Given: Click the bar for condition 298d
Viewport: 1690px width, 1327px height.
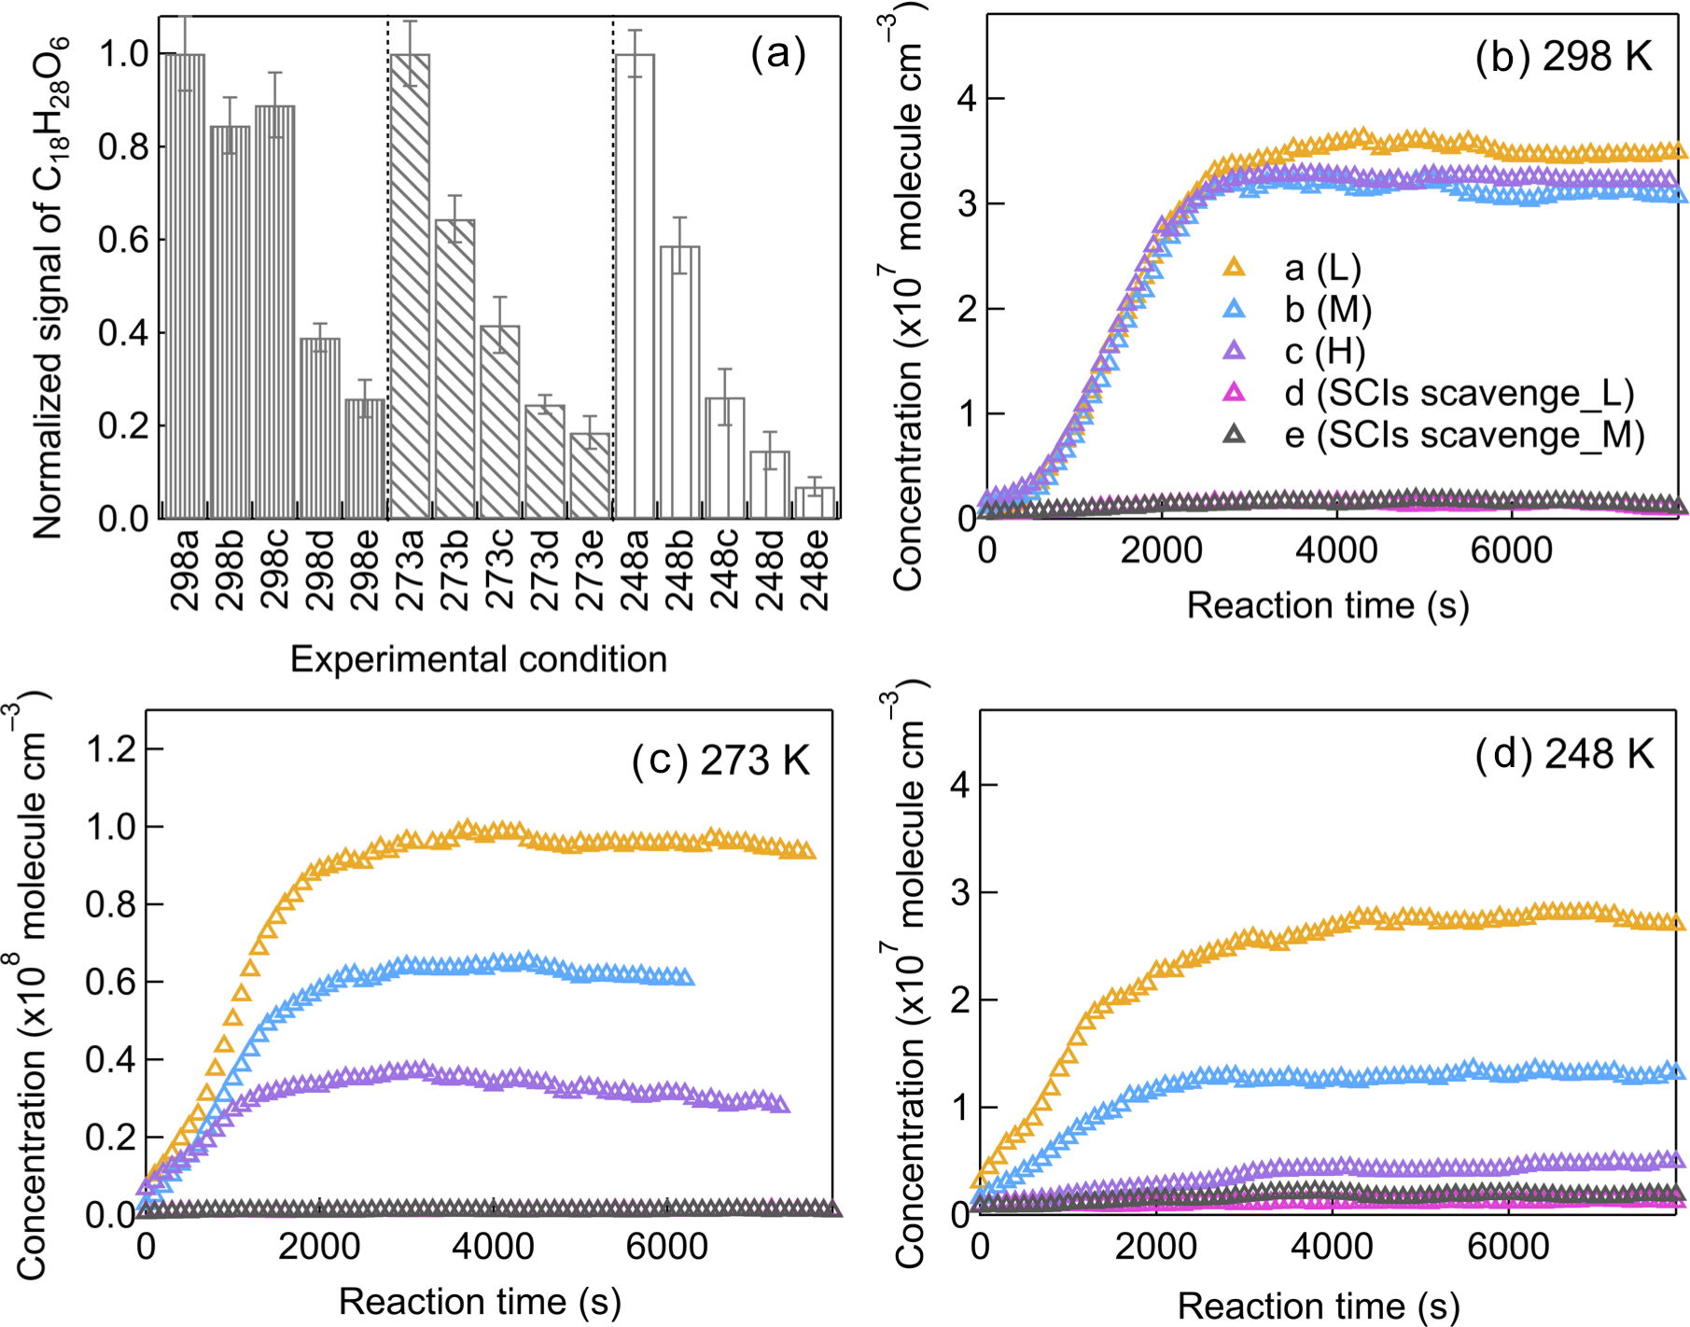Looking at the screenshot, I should [319, 428].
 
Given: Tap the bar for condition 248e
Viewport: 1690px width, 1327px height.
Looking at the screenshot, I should [815, 503].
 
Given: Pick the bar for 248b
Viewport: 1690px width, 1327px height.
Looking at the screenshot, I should [679, 382].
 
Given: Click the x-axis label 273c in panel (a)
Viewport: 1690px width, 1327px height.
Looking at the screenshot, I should [500, 569].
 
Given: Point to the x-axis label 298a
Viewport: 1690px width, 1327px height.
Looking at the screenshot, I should [185, 569].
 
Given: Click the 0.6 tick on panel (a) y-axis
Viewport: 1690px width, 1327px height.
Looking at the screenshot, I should [123, 240].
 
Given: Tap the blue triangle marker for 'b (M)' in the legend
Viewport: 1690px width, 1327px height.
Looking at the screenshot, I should [1234, 309].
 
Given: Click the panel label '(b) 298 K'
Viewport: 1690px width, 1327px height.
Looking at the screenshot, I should [1563, 58].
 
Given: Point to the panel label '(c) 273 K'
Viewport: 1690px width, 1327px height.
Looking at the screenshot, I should [720, 761].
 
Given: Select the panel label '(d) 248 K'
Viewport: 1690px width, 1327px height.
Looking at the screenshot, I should [1564, 754].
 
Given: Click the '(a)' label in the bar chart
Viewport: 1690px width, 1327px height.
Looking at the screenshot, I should [777, 54].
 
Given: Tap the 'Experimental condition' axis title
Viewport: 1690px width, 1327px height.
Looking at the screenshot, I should [479, 659].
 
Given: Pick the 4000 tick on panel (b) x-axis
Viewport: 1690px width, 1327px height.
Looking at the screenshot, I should [1336, 551].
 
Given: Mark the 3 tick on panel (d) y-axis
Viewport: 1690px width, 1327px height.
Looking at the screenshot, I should [960, 892].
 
